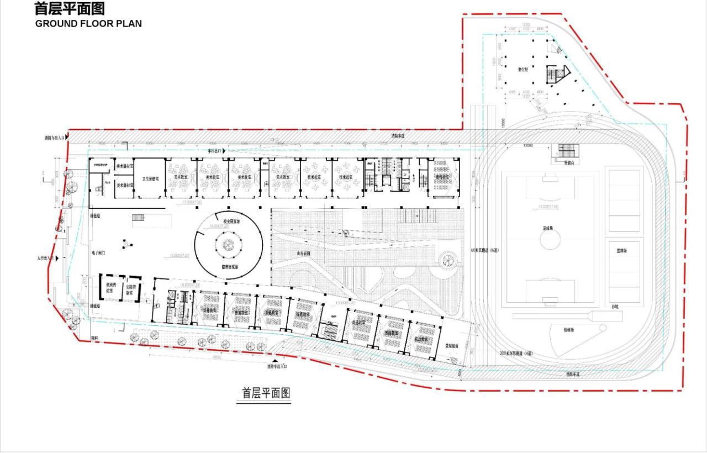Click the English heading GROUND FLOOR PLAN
click(88, 23)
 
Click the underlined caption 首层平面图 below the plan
click(266, 393)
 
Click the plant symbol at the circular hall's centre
click(228, 244)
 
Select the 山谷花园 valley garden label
click(304, 253)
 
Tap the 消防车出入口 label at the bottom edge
click(277, 366)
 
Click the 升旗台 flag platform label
click(569, 163)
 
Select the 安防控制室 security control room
click(131, 289)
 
